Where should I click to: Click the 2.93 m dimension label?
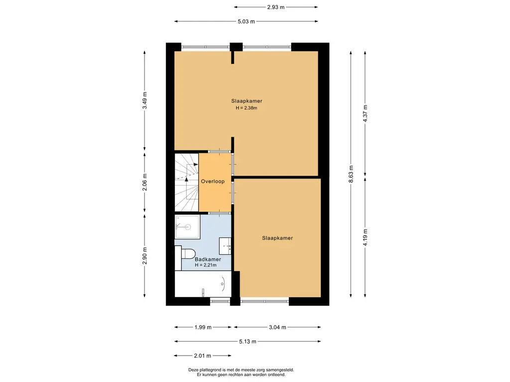point(276,7)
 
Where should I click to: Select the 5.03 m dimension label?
point(246,21)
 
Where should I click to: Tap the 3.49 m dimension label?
point(145,100)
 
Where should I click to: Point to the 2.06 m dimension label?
point(145,182)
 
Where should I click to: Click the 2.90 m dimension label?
point(145,256)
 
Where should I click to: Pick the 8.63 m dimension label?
point(351,174)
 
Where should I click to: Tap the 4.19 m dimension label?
point(365,237)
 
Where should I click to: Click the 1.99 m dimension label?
point(203,327)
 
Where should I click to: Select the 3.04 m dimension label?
point(277,327)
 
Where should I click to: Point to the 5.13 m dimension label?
point(248,341)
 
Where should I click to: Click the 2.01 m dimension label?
point(202,356)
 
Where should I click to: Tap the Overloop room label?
point(213,181)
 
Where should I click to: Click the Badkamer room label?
point(208,259)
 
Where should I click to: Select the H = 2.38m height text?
point(247,108)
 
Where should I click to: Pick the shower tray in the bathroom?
point(187,227)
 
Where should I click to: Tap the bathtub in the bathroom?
point(203,284)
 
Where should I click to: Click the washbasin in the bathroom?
point(225,246)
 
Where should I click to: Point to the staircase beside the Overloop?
point(187,182)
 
